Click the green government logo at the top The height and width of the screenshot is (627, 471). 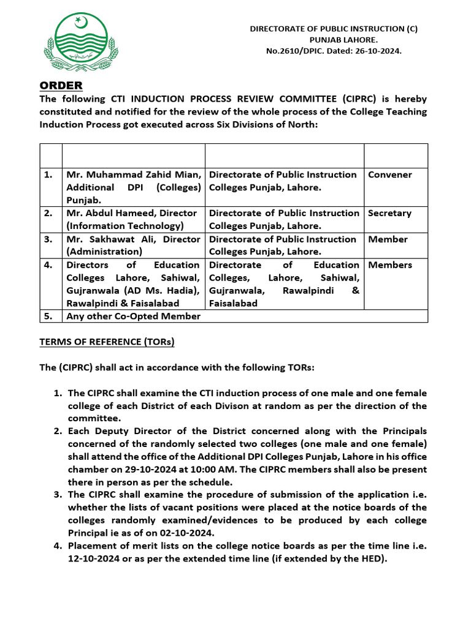[x=80, y=42]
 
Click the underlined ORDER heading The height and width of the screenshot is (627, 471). [x=61, y=85]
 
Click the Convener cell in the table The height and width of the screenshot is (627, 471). [x=390, y=175]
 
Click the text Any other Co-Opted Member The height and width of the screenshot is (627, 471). [x=133, y=316]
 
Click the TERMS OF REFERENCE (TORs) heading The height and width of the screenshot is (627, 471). [x=107, y=342]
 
